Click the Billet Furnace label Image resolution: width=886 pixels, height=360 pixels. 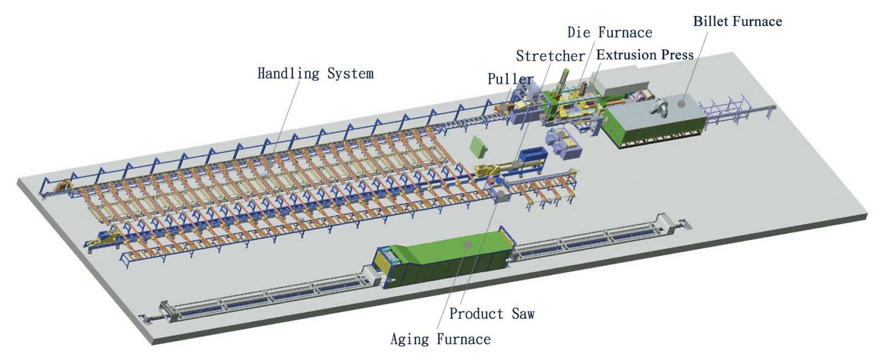737,22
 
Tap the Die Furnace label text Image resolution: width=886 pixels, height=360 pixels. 610,33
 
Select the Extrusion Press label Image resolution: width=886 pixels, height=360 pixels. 645,55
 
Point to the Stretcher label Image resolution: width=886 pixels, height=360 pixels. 550,56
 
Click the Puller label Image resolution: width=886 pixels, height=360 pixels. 510,79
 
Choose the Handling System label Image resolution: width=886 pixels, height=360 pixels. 315,74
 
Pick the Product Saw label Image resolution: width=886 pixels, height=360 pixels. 492,313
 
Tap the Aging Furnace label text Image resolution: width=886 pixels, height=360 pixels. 440,339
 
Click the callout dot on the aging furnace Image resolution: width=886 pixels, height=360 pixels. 467,245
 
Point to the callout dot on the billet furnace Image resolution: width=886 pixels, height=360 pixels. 681,104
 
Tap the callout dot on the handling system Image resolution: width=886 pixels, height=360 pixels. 270,163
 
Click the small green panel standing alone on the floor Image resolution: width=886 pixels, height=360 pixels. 478,147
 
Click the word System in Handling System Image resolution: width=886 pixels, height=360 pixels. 350,74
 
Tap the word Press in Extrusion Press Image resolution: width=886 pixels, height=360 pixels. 676,55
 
